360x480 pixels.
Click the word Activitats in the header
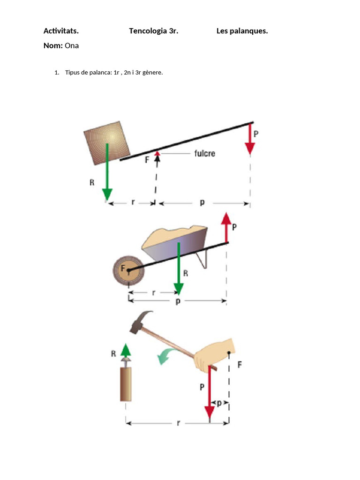[x=61, y=31]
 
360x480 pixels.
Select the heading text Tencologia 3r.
[x=153, y=31]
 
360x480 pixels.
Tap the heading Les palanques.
[x=242, y=31]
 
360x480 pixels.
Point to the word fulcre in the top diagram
[x=204, y=153]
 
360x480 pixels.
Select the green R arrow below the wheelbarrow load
[x=178, y=272]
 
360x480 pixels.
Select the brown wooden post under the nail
[x=125, y=384]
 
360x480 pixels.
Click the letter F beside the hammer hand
[x=240, y=364]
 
